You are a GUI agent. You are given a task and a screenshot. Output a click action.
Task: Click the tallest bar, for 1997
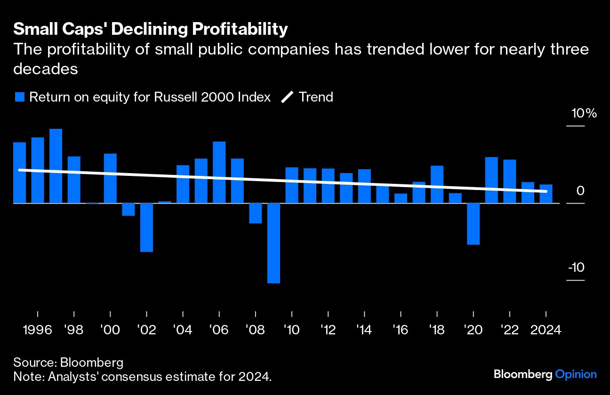coord(56,166)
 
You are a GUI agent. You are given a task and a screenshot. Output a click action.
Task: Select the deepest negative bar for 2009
coord(273,243)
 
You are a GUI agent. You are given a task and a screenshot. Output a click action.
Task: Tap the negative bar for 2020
coord(473,224)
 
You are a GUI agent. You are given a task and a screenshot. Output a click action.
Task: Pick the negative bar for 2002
coord(146,227)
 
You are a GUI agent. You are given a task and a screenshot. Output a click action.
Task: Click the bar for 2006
coord(219,172)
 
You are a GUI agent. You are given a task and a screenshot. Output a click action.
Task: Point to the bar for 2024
coord(546,194)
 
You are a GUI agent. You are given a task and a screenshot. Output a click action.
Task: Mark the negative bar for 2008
coord(255,213)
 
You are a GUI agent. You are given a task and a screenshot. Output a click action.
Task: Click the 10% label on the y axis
coord(584,114)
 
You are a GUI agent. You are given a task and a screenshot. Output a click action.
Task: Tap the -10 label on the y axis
coord(576,268)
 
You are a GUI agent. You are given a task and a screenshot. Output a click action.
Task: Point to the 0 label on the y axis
coord(580,191)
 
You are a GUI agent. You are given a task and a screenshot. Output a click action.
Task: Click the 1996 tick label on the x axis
coord(37,330)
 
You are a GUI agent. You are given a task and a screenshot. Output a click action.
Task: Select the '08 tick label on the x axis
coord(255,330)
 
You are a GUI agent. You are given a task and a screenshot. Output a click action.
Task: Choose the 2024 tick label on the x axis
coord(546,330)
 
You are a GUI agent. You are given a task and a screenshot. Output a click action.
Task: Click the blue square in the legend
coord(19,97)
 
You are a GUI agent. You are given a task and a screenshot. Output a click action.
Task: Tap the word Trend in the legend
coord(316,97)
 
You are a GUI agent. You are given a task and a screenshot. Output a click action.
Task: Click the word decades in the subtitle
coord(45,69)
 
